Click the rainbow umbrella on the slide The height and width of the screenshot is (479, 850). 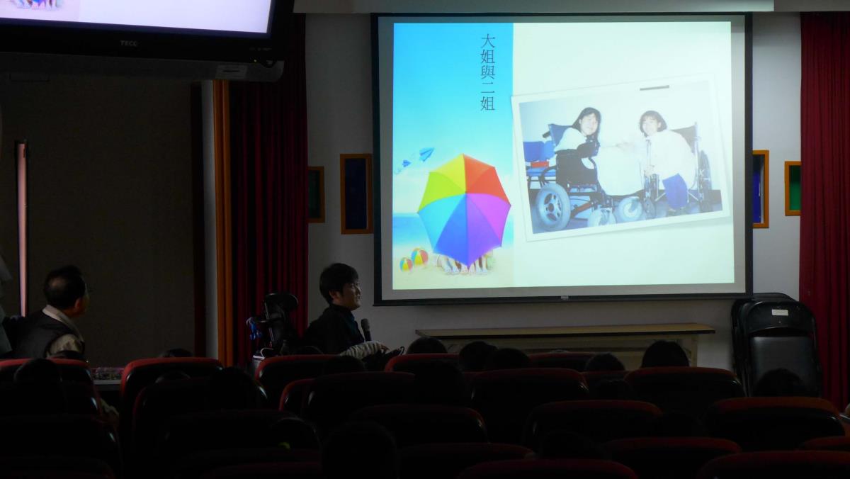pos(464,210)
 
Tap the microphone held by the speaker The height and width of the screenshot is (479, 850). pos(366,329)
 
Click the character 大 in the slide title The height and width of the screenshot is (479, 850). pos(487,41)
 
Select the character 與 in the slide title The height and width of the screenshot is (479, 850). pos(487,72)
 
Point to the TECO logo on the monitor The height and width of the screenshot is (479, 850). pos(128,43)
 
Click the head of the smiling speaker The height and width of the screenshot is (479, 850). pos(339,286)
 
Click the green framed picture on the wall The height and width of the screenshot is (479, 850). pos(793,188)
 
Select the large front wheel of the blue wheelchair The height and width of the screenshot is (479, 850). pos(552,207)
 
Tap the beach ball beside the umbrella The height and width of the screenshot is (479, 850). pos(419,257)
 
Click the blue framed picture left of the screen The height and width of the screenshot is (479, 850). pos(356,193)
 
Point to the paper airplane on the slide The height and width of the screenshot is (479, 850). pos(426,154)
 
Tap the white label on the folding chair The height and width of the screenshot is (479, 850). pos(779,312)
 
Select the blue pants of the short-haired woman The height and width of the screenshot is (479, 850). pos(674,191)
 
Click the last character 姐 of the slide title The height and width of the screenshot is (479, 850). pos(487,103)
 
